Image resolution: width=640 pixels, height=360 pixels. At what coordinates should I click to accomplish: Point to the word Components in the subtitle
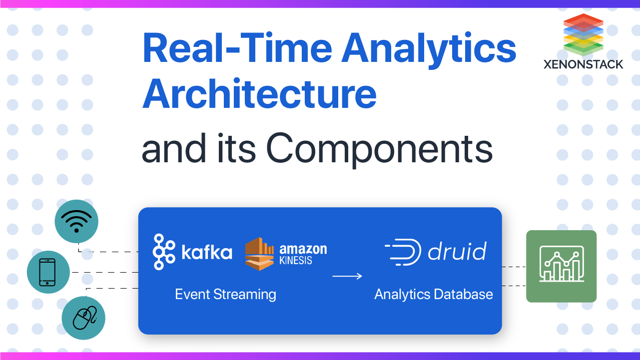pyautogui.click(x=379, y=148)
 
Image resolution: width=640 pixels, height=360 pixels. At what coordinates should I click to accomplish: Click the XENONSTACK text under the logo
pyautogui.click(x=584, y=64)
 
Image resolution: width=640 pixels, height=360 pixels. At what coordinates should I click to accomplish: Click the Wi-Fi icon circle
pyautogui.click(x=76, y=221)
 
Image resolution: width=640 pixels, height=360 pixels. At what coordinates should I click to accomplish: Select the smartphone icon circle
pyautogui.click(x=48, y=272)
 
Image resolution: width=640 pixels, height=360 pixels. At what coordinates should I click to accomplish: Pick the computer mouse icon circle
pyautogui.click(x=83, y=318)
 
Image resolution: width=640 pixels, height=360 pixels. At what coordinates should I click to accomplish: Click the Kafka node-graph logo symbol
pyautogui.click(x=163, y=252)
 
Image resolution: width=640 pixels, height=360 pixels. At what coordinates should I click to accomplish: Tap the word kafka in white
pyautogui.click(x=207, y=252)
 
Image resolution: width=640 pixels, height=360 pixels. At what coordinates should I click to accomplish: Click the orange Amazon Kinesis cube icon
pyautogui.click(x=260, y=254)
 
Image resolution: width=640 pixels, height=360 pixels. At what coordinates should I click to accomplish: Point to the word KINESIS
pyautogui.click(x=296, y=260)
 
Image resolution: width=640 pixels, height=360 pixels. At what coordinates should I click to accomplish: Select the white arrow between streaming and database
pyautogui.click(x=347, y=276)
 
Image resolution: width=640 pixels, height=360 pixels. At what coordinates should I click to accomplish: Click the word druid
pyautogui.click(x=457, y=251)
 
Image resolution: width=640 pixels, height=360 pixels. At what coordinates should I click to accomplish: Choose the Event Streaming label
pyautogui.click(x=225, y=294)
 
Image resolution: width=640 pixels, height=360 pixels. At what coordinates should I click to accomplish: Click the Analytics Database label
pyautogui.click(x=433, y=294)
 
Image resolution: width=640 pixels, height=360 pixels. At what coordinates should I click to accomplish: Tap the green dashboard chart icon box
pyautogui.click(x=561, y=266)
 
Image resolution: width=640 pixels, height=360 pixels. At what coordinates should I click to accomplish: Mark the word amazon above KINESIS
pyautogui.click(x=303, y=248)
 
